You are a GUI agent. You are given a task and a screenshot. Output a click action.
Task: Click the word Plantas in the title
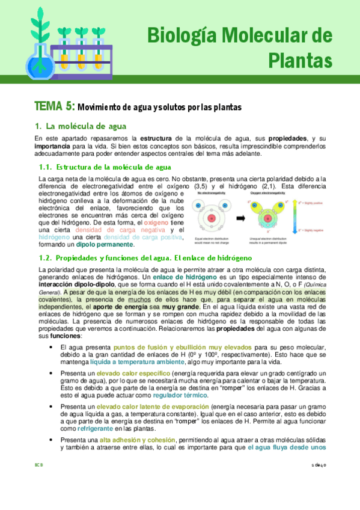tap(300, 60)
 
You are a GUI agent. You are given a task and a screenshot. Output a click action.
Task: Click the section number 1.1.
tap(44, 167)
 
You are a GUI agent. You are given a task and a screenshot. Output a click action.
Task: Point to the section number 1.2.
tap(44, 257)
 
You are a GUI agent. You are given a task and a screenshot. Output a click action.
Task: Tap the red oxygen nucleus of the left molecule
tap(212, 217)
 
